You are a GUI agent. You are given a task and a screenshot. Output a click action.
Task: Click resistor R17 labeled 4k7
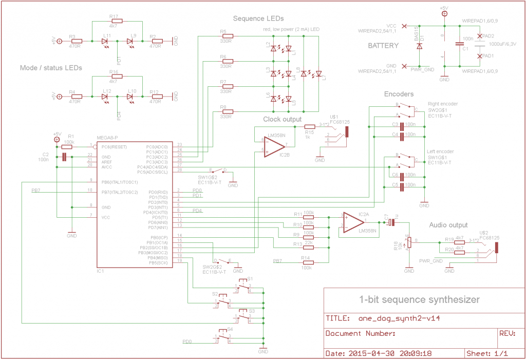point(114,22)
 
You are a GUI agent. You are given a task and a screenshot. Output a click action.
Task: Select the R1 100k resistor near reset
point(69,147)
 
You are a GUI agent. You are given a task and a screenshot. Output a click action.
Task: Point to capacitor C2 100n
point(64,157)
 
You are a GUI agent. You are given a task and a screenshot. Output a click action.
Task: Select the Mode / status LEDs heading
point(51,67)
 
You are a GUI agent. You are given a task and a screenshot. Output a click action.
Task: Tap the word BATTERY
point(383,46)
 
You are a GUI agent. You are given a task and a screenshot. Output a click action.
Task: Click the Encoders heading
point(399,94)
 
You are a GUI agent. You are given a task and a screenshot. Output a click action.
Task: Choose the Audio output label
point(448,225)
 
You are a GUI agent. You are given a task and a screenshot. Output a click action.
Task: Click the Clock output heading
point(282,119)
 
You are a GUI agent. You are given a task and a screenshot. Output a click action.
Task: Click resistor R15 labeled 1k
point(309,126)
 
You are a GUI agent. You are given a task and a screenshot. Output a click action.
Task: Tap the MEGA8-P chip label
point(107,138)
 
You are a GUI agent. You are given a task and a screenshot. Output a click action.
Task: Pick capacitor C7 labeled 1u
point(391,222)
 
